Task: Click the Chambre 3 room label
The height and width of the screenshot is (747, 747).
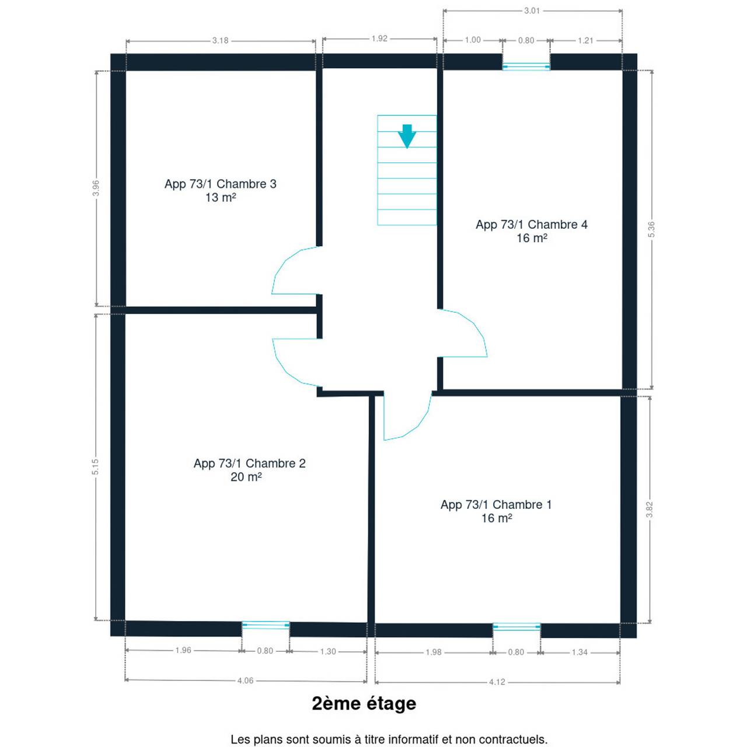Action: (220, 190)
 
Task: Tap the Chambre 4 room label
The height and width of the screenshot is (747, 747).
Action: (532, 231)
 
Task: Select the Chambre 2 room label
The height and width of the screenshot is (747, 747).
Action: (249, 470)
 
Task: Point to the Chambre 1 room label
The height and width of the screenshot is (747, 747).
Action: (496, 511)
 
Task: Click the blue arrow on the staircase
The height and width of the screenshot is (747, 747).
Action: (407, 136)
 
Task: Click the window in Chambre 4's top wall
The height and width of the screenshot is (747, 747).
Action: (526, 67)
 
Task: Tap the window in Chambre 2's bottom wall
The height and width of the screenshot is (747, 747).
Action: (266, 625)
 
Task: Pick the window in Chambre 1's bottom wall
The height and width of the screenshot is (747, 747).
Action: (516, 627)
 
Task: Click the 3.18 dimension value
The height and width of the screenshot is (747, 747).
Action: (220, 40)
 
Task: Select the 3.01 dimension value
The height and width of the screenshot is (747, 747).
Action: (532, 11)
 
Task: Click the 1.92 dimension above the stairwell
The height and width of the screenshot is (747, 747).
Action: (379, 39)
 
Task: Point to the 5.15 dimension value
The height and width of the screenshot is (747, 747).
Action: (95, 466)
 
